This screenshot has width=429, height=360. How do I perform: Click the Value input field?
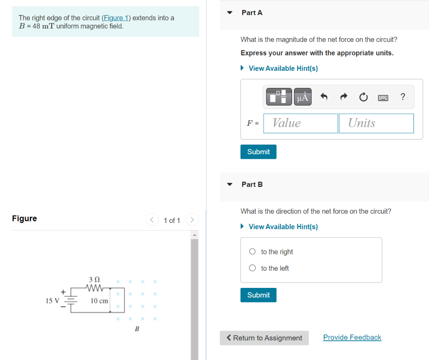(x=300, y=123)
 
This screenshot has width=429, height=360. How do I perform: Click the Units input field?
(x=376, y=123)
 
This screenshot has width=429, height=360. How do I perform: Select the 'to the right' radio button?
(x=252, y=252)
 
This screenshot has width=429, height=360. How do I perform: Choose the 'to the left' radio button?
(x=252, y=268)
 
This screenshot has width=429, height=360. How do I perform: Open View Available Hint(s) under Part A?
(x=283, y=68)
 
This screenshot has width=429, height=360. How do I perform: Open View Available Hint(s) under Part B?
(x=283, y=227)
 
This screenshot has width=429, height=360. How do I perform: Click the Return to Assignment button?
(x=264, y=338)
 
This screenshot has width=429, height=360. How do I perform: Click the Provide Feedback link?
(x=352, y=337)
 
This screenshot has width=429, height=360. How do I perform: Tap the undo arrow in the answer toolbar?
(x=323, y=97)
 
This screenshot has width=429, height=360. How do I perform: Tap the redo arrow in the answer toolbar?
(x=344, y=97)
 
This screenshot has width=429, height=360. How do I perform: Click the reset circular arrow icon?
(x=363, y=97)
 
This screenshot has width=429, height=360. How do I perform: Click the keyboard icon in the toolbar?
(x=383, y=98)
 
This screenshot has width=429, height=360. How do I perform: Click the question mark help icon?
(x=403, y=97)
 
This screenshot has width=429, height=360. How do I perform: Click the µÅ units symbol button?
(x=302, y=97)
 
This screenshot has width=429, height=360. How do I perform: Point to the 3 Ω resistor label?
(x=94, y=279)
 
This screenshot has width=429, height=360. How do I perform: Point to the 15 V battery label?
(x=52, y=300)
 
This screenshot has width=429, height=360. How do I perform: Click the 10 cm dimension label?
(x=99, y=301)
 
